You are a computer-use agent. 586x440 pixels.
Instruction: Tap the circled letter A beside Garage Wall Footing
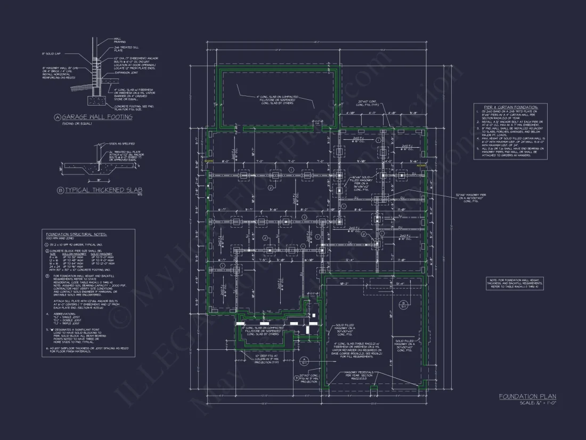click(57, 117)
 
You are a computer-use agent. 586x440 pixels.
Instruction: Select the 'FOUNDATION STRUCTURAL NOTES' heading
click(76, 235)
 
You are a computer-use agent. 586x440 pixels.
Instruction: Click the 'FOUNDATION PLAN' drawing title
click(527, 396)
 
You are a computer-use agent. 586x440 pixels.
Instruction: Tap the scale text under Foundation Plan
click(538, 403)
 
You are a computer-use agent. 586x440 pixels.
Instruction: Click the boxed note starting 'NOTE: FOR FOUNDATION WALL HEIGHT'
click(515, 283)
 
